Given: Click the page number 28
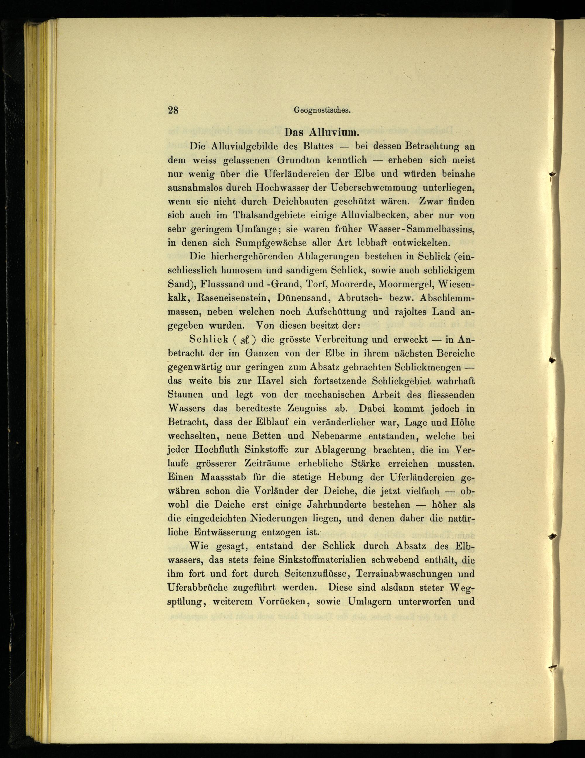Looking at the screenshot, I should coord(173,110).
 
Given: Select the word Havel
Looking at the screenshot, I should coord(270,381).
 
